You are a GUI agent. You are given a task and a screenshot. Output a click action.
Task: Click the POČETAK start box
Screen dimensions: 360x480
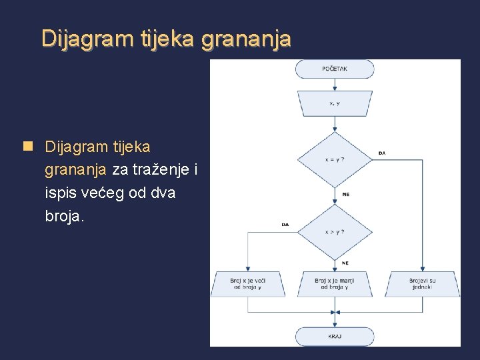click(334, 69)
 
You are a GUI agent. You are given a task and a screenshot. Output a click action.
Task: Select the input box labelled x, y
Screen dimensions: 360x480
click(334, 103)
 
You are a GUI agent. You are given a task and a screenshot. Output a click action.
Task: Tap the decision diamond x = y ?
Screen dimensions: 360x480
click(334, 160)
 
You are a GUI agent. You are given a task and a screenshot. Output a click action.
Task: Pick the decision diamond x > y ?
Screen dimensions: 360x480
click(334, 232)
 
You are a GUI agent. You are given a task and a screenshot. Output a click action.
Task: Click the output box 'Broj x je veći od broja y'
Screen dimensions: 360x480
click(247, 284)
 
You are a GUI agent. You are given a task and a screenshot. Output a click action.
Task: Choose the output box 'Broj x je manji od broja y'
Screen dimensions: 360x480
click(334, 284)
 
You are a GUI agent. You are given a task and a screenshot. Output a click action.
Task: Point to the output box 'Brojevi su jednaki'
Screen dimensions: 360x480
click(423, 284)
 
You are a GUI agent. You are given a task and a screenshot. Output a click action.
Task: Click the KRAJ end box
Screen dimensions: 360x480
click(334, 337)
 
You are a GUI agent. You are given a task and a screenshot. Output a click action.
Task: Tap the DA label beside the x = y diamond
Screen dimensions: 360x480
click(381, 153)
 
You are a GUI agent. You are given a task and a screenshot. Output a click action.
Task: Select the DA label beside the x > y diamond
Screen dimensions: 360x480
click(285, 225)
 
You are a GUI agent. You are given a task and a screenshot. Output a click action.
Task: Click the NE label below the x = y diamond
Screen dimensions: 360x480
click(345, 194)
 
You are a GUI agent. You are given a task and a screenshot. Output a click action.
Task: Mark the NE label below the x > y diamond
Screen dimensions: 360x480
click(345, 263)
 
